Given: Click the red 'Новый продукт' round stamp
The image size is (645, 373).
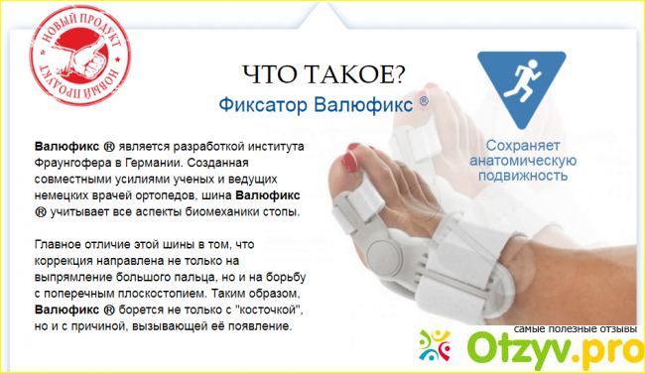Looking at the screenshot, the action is click(x=80, y=56).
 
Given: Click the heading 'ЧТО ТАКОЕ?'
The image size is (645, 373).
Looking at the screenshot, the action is click(x=324, y=74).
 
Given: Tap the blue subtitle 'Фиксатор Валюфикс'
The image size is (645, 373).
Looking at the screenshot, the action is click(x=316, y=104).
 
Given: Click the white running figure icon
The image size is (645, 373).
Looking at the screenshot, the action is click(x=522, y=80).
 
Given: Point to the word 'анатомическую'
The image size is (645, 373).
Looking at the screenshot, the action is click(x=523, y=161).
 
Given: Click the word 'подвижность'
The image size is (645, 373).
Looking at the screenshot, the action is click(x=523, y=176).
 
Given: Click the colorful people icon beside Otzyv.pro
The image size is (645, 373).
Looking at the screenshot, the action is click(x=435, y=345).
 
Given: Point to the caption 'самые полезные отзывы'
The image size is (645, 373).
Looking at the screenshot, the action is click(x=576, y=329).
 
